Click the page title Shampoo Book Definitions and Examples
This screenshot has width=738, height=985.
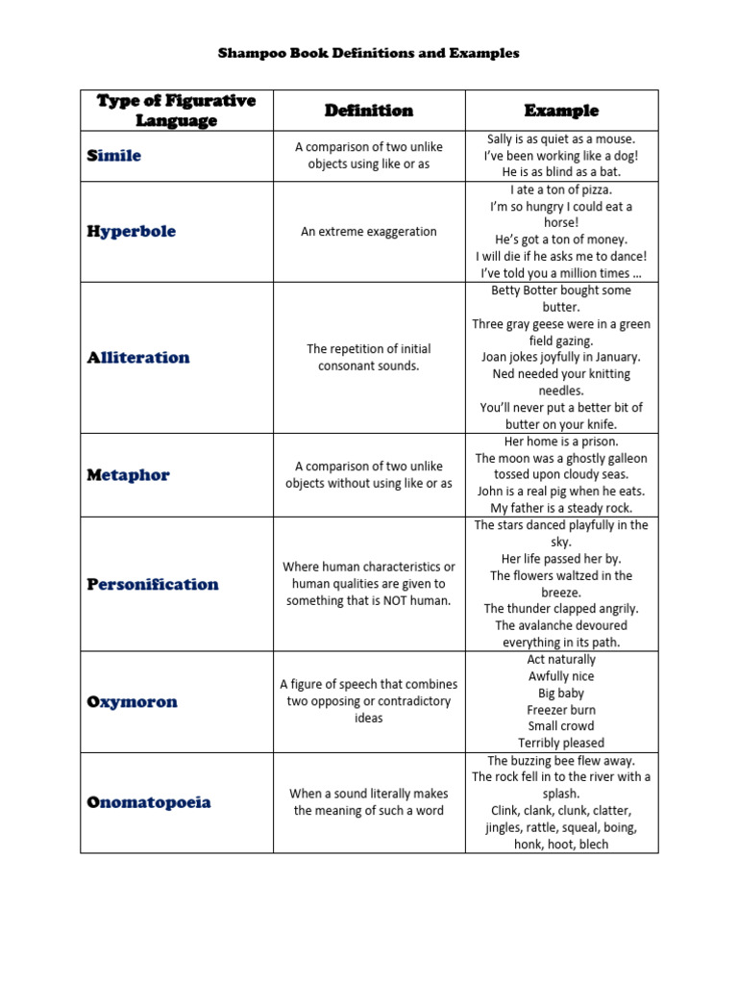(x=368, y=53)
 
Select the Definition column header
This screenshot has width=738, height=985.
(x=369, y=111)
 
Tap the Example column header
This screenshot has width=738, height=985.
(x=561, y=111)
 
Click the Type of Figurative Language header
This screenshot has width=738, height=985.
(x=176, y=111)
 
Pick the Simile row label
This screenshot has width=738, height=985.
(x=113, y=156)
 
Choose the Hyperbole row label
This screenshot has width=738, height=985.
(x=131, y=232)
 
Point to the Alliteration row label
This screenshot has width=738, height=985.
(x=138, y=358)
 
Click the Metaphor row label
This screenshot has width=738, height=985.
(x=128, y=475)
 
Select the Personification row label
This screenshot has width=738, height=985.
(x=152, y=585)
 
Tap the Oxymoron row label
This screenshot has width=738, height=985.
(x=132, y=702)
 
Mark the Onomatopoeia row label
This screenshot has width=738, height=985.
(x=148, y=802)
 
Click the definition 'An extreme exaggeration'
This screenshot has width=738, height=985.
(x=369, y=232)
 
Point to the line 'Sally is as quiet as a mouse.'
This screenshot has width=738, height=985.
(x=561, y=139)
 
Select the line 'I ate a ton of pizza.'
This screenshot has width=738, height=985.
(x=561, y=189)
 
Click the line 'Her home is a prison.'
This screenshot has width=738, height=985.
(x=561, y=442)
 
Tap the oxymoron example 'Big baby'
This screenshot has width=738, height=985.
(x=561, y=693)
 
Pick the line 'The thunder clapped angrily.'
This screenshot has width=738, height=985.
(x=561, y=609)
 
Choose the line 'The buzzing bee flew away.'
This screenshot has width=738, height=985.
(x=561, y=760)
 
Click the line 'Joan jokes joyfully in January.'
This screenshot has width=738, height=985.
(x=561, y=357)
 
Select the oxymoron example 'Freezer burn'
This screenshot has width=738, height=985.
(x=561, y=710)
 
